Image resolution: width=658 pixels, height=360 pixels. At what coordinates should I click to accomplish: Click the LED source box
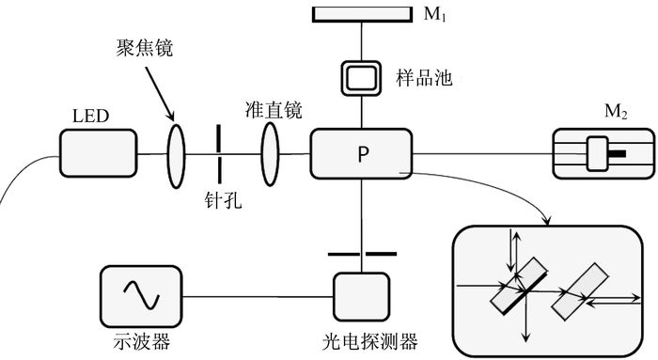point(98,153)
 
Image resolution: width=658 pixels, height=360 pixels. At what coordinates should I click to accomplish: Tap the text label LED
point(90,116)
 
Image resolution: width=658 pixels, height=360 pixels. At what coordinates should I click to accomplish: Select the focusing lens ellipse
point(177,156)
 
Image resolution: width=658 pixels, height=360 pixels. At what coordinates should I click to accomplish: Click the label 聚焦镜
point(145,48)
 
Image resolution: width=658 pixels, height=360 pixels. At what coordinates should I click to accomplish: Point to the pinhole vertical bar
point(219,153)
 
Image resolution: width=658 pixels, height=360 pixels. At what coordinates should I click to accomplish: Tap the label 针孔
point(224,200)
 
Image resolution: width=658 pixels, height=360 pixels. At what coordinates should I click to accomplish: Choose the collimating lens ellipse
point(270,154)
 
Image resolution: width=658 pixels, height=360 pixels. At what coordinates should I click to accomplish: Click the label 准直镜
point(274,110)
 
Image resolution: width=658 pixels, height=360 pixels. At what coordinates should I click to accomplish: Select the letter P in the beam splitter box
point(363,154)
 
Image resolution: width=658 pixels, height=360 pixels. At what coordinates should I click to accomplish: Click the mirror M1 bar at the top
point(362,14)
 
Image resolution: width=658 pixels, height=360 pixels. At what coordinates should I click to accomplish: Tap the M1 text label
point(434,14)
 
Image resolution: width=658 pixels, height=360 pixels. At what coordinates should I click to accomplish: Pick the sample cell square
point(361,78)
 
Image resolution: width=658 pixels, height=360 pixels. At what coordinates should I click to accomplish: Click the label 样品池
point(424,78)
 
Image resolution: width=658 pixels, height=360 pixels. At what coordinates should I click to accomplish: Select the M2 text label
point(616,112)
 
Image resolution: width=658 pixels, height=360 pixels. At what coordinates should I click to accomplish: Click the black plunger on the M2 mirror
point(617,153)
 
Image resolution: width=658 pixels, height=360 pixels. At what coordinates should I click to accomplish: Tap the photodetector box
point(361,297)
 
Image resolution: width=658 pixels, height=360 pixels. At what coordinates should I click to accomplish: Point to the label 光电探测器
point(370,341)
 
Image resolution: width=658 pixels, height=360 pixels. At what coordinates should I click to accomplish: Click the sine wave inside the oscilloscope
point(141,294)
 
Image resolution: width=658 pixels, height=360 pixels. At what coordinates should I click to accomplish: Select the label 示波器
point(142,341)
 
